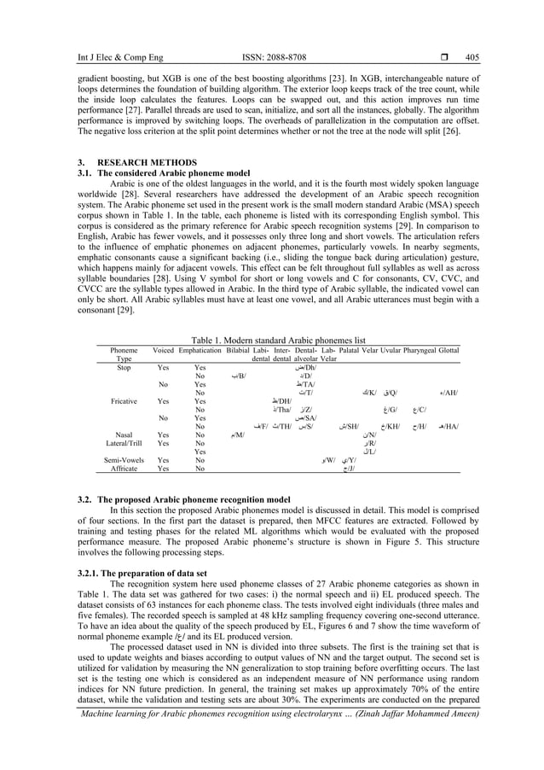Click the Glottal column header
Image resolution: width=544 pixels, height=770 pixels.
(449, 350)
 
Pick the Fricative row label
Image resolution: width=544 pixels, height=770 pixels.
(124, 400)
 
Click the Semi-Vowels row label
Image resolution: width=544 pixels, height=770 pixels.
(124, 460)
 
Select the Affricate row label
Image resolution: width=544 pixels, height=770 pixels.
(124, 469)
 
